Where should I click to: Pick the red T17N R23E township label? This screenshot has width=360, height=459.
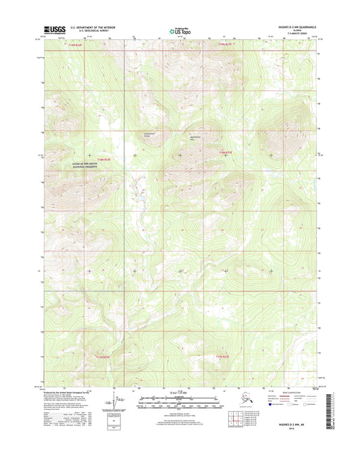tap(227, 356)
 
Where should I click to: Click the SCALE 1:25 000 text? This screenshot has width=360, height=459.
tap(180, 394)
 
